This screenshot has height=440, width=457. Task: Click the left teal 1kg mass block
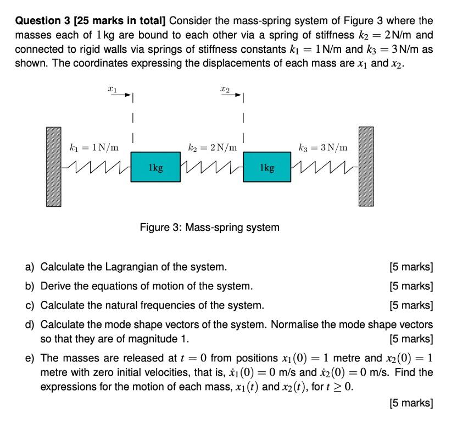click(156, 167)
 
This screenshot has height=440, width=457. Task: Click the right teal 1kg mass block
click(267, 167)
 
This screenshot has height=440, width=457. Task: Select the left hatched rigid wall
click(54, 167)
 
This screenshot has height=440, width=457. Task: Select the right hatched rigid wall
click(366, 167)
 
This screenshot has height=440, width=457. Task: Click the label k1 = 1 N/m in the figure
click(93, 147)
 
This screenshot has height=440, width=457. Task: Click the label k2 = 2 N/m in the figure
click(212, 147)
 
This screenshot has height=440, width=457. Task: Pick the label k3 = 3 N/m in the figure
click(322, 147)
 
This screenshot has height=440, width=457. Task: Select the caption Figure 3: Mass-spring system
click(209, 227)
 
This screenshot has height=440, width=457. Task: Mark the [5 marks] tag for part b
click(411, 286)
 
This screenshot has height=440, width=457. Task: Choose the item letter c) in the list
click(30, 305)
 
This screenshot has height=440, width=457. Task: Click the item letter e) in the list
click(30, 359)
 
